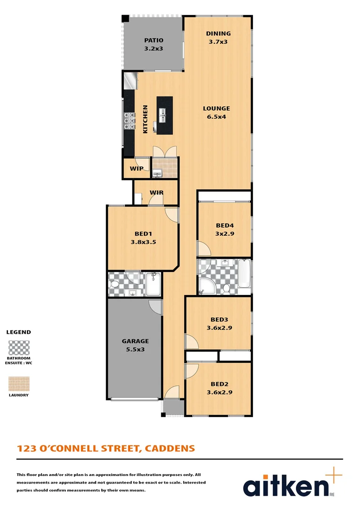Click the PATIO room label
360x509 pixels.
pos(154,41)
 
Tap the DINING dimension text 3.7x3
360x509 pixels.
pos(218,41)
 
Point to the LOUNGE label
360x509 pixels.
pos(216,108)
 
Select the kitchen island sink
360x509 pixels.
pos(163,113)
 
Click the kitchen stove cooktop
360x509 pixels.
pos(129,121)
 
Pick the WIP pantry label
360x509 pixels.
pos(137,169)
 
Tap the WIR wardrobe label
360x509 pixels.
pos(156,193)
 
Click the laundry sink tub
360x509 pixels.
pos(157,174)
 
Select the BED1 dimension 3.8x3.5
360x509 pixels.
pos(143,242)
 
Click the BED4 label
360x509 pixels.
pos(224,225)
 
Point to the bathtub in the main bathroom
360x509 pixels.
pos(244,273)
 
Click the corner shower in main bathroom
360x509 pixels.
pos(205,286)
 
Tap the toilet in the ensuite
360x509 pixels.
pos(114,284)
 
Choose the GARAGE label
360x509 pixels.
pos(135,341)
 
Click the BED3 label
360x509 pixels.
pos(219,319)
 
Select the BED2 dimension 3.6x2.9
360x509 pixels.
pos(219,392)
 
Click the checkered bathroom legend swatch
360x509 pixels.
pos(19,347)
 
